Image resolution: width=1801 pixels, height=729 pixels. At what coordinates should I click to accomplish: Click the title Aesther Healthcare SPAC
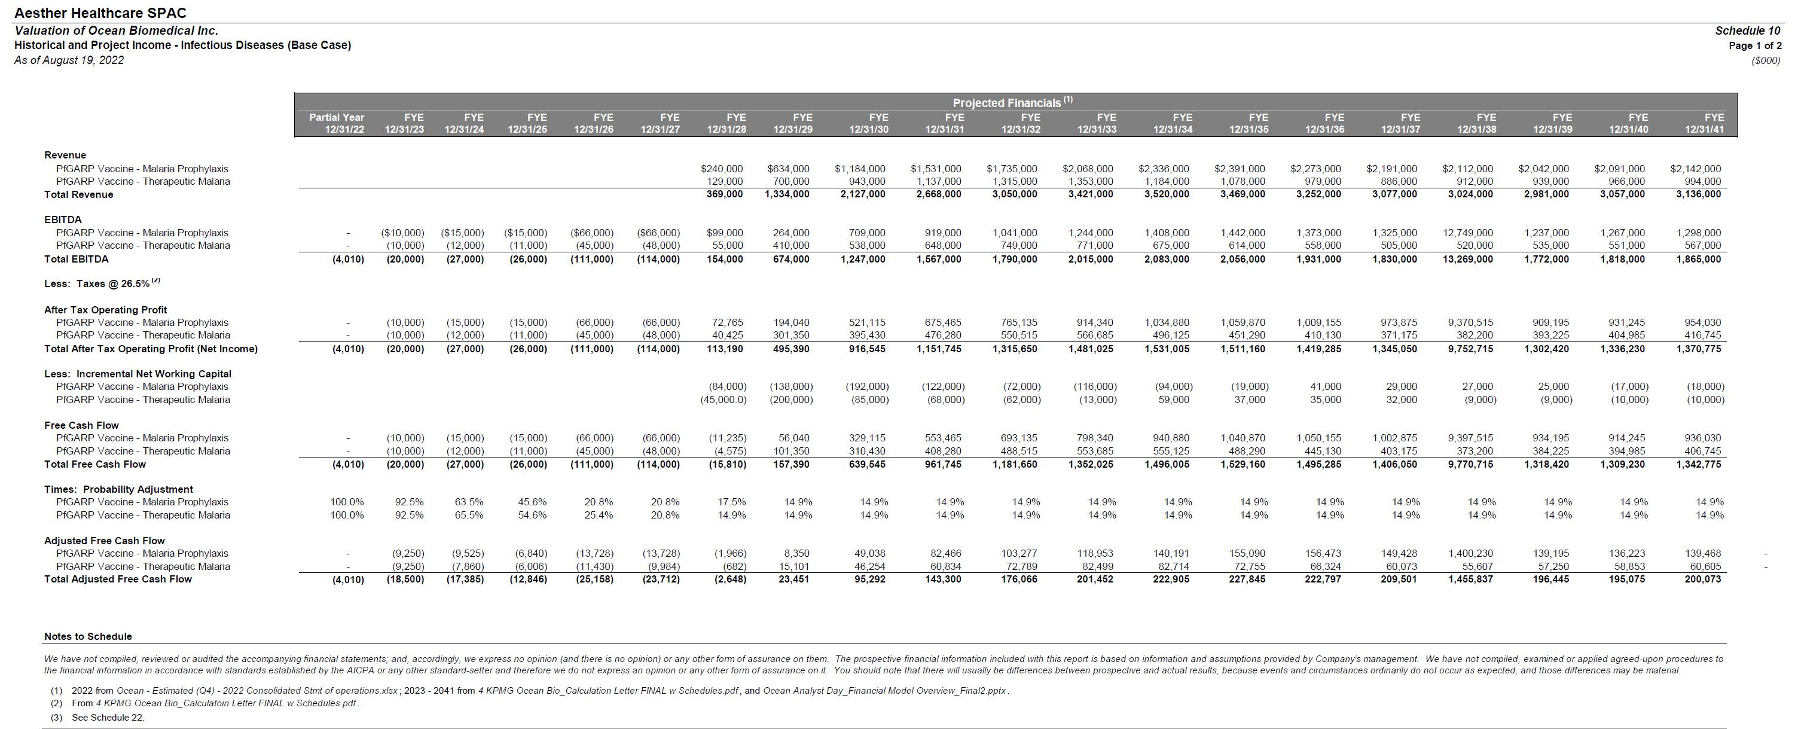point(100,13)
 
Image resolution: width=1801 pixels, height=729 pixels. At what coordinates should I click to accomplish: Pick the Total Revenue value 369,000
point(724,194)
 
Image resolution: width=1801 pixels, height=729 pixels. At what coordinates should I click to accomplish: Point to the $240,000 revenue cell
point(722,169)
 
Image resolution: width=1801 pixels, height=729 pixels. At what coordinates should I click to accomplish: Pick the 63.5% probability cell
point(469,502)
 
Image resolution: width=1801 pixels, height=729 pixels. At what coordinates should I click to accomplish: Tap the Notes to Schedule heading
point(88,637)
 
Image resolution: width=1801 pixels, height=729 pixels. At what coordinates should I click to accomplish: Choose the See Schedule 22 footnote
point(108,717)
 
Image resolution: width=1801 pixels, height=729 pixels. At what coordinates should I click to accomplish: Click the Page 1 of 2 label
point(1755,46)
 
